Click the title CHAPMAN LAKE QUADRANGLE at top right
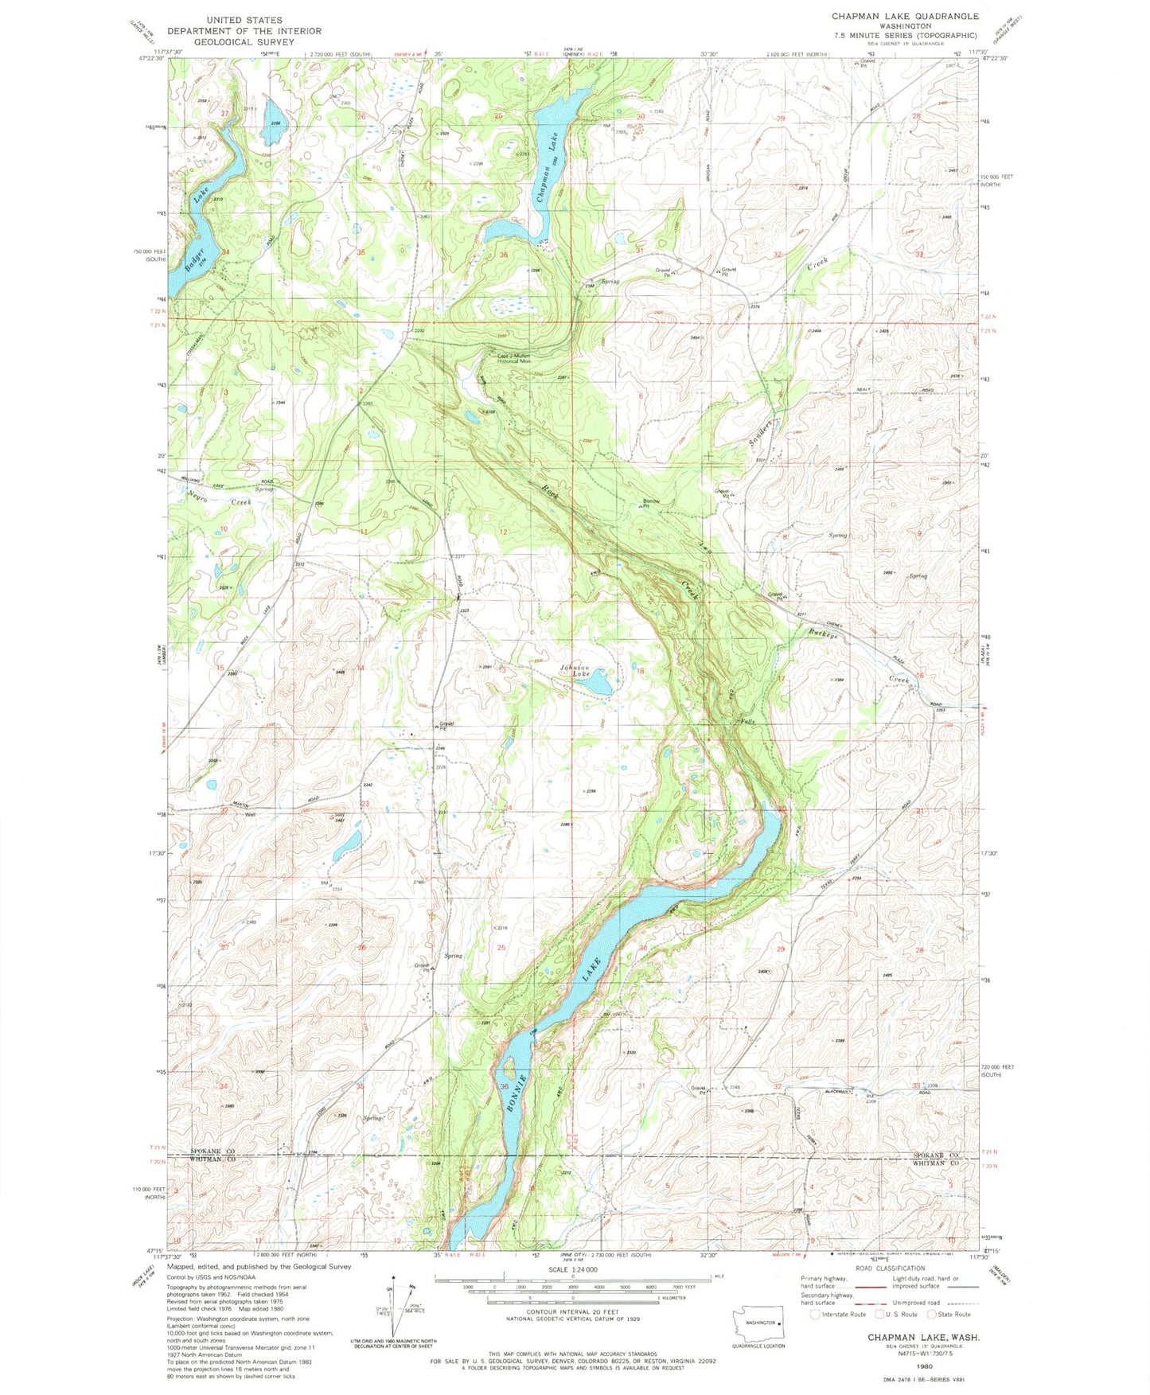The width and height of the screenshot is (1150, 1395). click(x=905, y=16)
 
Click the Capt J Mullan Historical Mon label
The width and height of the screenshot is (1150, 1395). click(x=514, y=359)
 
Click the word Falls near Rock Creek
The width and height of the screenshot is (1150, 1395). click(x=747, y=722)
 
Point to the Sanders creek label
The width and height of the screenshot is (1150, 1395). click(x=762, y=434)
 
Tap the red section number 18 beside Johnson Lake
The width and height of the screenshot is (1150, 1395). click(x=639, y=671)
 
